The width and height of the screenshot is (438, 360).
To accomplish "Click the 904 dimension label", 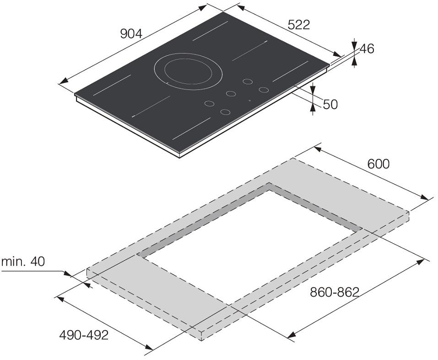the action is pos(131,34).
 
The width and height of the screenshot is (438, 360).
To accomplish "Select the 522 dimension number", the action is pos(298,25).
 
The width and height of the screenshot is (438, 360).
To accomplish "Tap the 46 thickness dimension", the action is pos(367,49).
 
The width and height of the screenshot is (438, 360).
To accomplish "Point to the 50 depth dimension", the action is pos(330,104).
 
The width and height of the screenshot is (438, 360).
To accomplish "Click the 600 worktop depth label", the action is pos(378,164).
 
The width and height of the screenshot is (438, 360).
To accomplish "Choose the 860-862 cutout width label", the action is pos(335,292).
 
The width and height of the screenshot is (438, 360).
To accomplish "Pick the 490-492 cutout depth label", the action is pos(83,335).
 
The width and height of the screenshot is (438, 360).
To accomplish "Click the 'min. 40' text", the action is pos(23,262).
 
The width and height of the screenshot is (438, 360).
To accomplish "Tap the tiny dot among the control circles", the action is pos(249,100).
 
